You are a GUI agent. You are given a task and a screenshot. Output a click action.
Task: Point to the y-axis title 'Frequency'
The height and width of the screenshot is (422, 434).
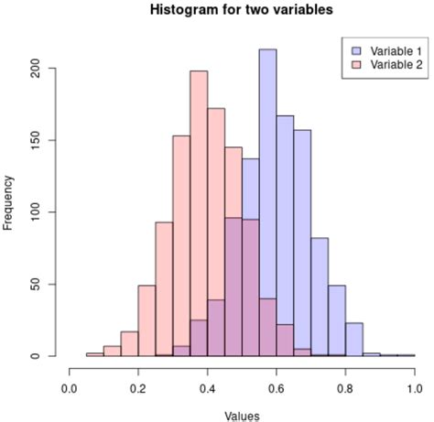click(9, 203)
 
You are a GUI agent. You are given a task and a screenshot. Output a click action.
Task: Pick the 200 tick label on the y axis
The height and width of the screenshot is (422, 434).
click(36, 70)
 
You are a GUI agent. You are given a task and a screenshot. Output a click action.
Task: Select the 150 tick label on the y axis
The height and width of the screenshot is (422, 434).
click(36, 141)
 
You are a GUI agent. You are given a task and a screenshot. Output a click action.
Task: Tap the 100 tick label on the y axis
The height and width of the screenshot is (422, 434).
click(36, 212)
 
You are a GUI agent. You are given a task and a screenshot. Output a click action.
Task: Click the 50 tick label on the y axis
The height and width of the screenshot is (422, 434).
click(36, 284)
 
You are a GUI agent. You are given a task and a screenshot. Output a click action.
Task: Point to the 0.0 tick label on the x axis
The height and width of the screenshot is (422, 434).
click(70, 388)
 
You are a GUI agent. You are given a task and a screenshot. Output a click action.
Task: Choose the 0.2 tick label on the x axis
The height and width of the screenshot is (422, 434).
click(138, 388)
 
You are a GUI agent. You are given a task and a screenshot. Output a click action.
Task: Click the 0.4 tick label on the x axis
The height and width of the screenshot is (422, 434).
click(207, 388)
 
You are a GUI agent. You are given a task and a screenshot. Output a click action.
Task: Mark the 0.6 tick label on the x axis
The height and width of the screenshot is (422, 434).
click(277, 388)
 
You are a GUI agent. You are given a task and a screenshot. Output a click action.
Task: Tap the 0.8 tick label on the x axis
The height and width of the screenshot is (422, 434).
click(345, 388)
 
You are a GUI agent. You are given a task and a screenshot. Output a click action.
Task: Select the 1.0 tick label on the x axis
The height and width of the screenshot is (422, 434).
click(414, 388)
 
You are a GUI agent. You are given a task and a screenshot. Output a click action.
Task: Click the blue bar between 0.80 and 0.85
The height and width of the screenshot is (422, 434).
click(353, 340)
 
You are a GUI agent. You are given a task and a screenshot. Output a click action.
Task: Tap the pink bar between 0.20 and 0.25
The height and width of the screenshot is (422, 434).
click(146, 320)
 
